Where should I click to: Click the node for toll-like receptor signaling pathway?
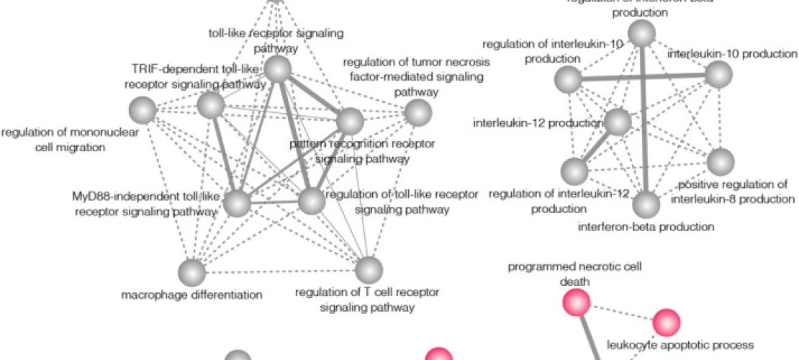click(277, 69)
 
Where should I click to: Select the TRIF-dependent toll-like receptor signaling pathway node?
click(211, 106)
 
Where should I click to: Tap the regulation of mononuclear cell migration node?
click(142, 111)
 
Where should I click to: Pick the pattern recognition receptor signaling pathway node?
click(351, 120)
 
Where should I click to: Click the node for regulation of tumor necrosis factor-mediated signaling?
click(417, 112)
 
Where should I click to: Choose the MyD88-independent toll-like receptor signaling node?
click(237, 202)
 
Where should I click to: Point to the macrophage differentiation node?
click(191, 271)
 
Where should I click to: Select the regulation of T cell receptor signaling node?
click(369, 270)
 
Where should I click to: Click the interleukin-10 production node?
click(718, 74)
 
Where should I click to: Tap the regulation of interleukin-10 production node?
click(568, 78)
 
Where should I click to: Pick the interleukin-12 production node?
click(618, 122)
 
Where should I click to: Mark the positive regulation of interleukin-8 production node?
click(721, 162)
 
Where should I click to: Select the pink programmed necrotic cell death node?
click(576, 302)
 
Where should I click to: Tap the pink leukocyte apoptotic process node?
click(667, 321)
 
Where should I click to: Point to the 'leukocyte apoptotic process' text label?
click(680, 345)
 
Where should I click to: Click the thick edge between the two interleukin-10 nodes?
click(643, 76)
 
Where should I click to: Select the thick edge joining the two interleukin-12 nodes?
click(596, 147)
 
